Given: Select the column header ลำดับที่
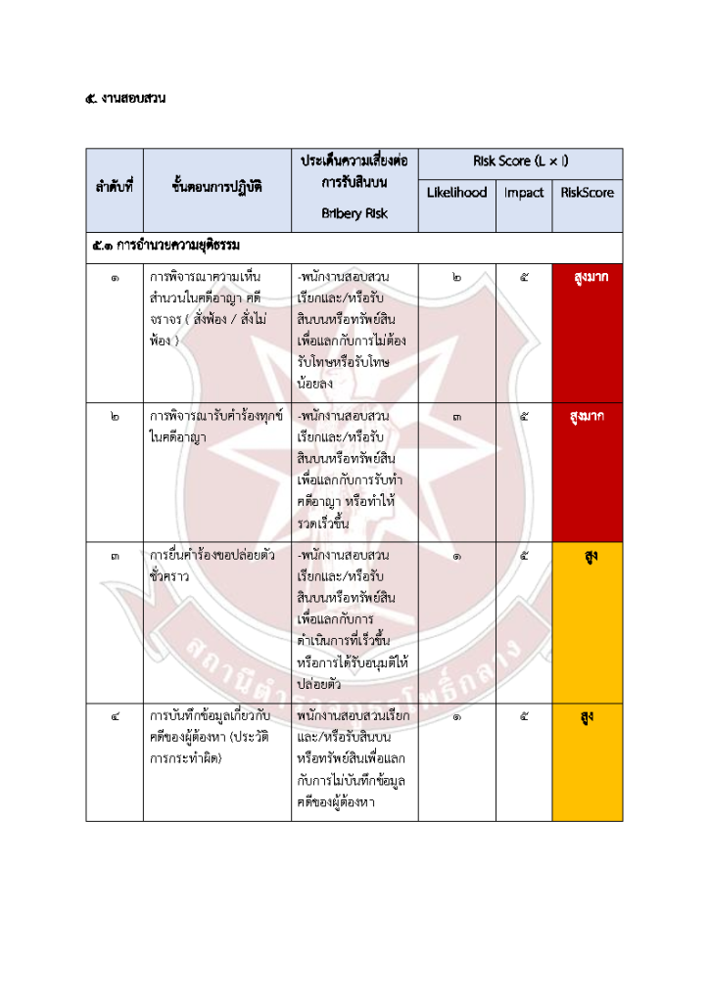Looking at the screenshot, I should [115, 185].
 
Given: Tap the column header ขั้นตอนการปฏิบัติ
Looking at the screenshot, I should [216, 185].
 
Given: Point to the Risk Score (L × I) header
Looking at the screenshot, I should [520, 160].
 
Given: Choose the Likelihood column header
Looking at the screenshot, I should [456, 193].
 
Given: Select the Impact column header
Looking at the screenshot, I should [524, 193].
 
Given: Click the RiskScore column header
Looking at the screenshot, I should [588, 193].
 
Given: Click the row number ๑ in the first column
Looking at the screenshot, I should [115, 278].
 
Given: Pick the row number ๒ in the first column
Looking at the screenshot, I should [115, 417].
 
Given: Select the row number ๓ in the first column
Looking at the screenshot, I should [115, 557].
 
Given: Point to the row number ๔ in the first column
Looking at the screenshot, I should [115, 715].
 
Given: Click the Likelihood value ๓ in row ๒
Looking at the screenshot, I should [456, 417].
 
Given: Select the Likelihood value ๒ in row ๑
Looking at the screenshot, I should [456, 278].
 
